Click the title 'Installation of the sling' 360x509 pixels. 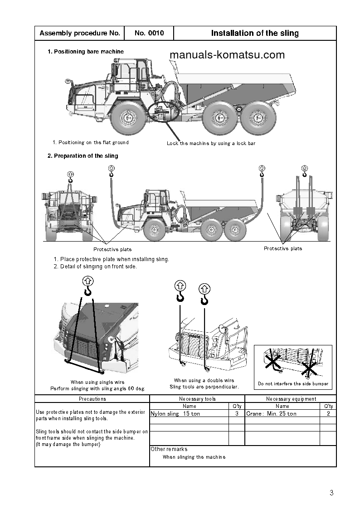[255, 33]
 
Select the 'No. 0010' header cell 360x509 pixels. [148, 33]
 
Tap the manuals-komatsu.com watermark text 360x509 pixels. [227, 55]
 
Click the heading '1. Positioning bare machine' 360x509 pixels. [86, 52]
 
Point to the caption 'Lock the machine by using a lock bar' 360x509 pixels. [211, 143]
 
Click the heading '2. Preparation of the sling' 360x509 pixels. [83, 156]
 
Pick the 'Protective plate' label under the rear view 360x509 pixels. [283, 248]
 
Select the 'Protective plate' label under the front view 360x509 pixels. [112, 249]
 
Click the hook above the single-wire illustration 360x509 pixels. [88, 286]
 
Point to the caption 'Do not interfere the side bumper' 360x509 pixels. [293, 384]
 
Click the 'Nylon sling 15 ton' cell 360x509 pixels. [175, 414]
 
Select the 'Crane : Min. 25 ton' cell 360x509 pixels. [271, 414]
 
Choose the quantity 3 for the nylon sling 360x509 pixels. [237, 414]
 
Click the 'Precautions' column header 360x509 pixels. [92, 399]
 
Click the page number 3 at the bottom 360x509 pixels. [331, 493]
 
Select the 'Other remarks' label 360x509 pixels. [169, 449]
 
